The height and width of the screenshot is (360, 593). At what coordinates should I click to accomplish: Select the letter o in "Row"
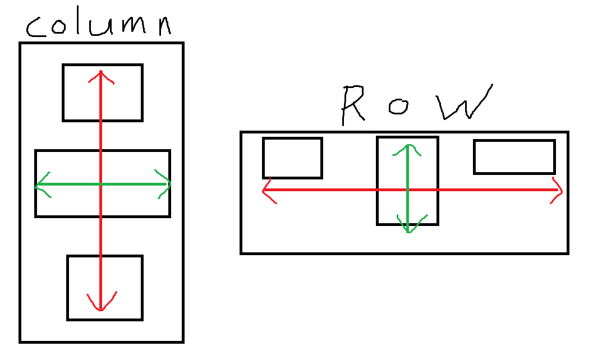pos(398,107)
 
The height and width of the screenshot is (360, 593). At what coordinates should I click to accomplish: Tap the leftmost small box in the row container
pos(292,158)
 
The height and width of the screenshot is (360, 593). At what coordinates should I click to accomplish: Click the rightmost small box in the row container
pos(514,157)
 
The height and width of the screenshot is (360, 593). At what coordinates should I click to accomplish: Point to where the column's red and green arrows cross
pos(101,184)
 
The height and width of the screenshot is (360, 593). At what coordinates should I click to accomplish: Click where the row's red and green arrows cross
pos(408,190)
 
